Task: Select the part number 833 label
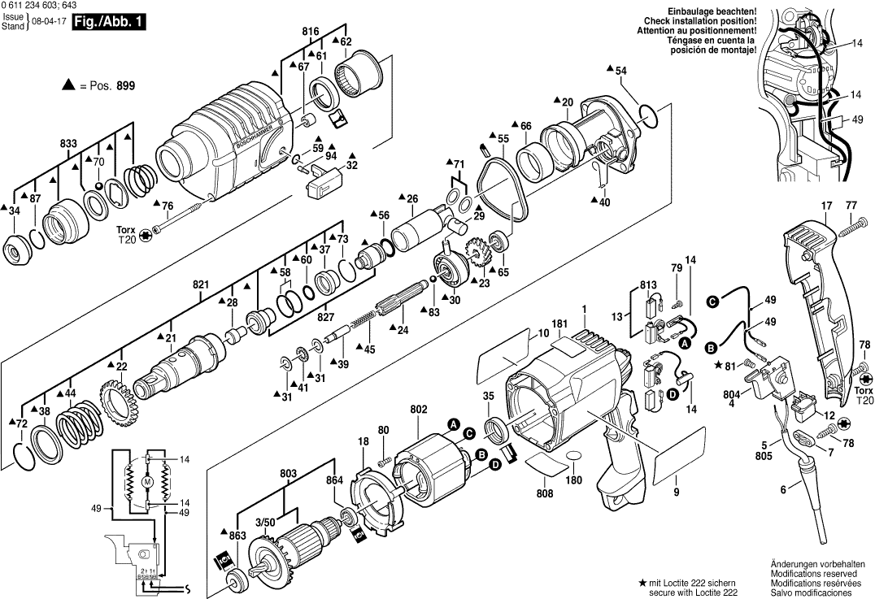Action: click(68, 144)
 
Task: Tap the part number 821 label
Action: click(201, 285)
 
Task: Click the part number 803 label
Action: click(288, 472)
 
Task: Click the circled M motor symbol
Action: click(147, 482)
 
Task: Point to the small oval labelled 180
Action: click(572, 457)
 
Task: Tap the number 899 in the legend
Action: click(125, 85)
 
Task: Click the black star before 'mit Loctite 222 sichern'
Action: click(642, 583)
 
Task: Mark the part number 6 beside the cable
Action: click(784, 489)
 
